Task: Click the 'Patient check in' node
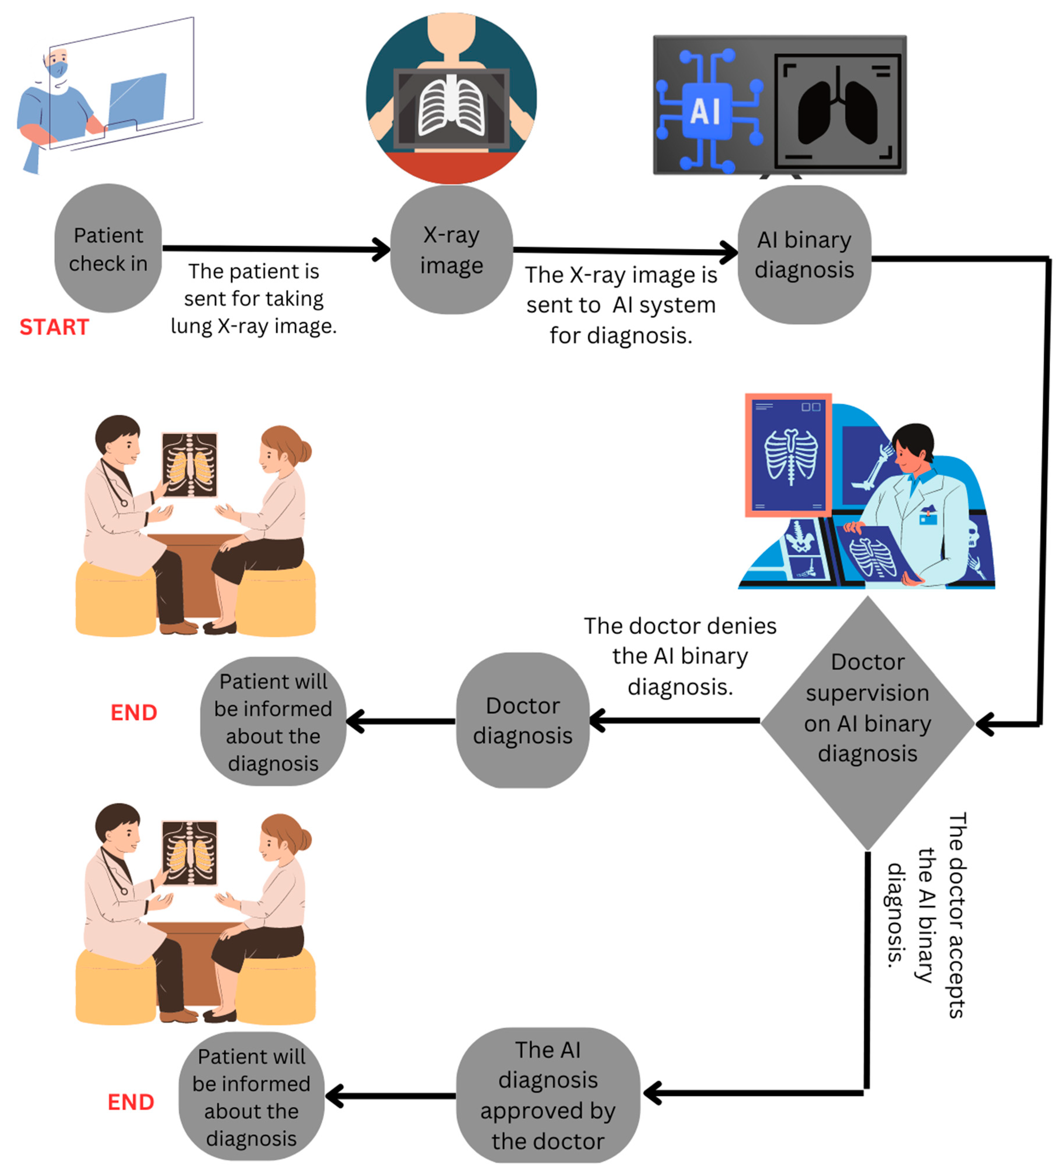point(108,249)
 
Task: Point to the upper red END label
point(134,713)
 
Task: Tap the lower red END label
point(131,1102)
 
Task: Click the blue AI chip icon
point(706,110)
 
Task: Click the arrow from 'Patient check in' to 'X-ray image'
point(273,249)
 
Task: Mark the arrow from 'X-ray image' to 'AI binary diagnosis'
point(622,251)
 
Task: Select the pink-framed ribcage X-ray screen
point(788,454)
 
